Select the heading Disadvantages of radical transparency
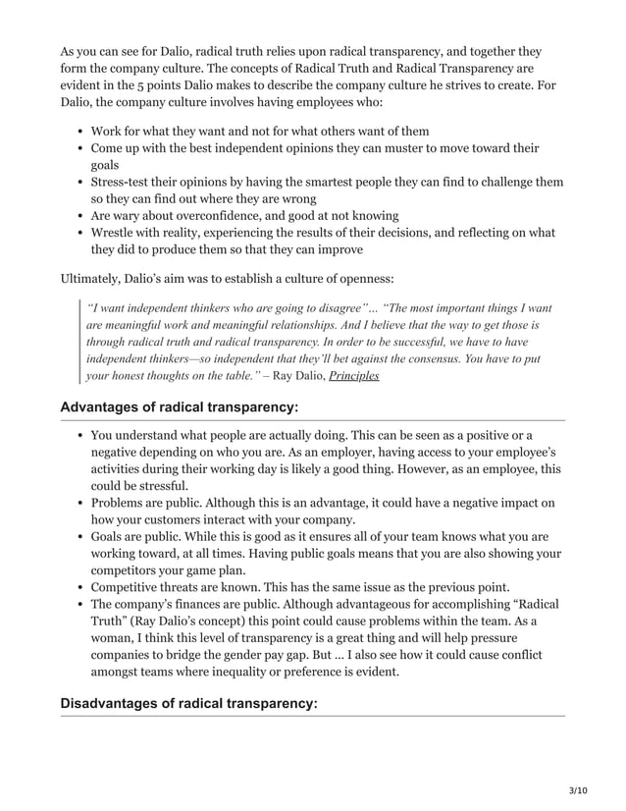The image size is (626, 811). [x=189, y=703]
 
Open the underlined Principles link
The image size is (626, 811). [x=353, y=375]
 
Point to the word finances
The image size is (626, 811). [x=212, y=605]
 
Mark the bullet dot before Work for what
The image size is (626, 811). [x=78, y=132]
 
